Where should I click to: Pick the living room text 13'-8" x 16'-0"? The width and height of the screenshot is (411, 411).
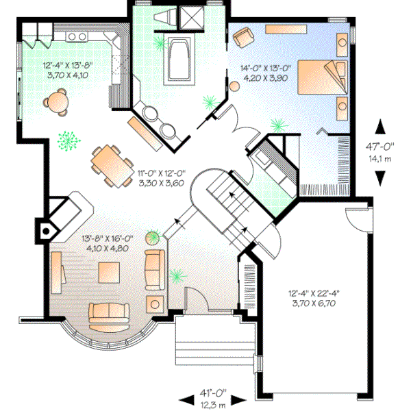[x=107, y=239]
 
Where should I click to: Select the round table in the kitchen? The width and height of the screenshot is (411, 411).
[x=57, y=102]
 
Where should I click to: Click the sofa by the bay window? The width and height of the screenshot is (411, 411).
[x=109, y=312]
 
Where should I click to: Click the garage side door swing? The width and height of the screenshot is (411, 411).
[x=358, y=220]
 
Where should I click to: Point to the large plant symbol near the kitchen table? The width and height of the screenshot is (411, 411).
[x=67, y=140]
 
